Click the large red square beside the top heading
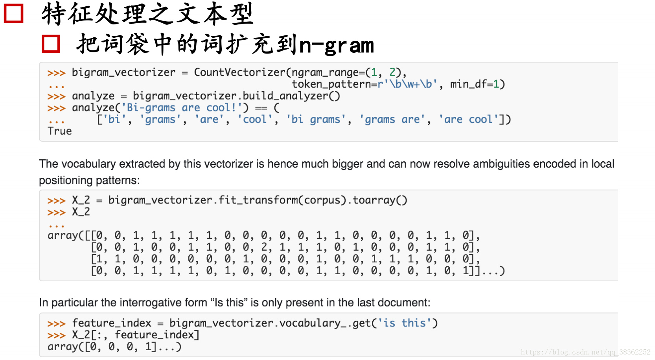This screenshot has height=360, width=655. point(14,13)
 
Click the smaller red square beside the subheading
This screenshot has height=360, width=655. point(51,44)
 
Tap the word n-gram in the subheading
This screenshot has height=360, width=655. point(336,45)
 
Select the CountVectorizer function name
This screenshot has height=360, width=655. point(239,72)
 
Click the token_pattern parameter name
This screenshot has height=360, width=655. point(331,84)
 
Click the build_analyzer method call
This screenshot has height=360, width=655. point(291,96)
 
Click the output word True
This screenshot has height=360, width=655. point(59,131)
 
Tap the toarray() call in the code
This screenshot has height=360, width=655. point(380,200)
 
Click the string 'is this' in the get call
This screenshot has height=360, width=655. point(405,323)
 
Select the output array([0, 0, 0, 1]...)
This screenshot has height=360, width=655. point(114,347)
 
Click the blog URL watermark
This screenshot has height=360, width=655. point(585,352)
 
